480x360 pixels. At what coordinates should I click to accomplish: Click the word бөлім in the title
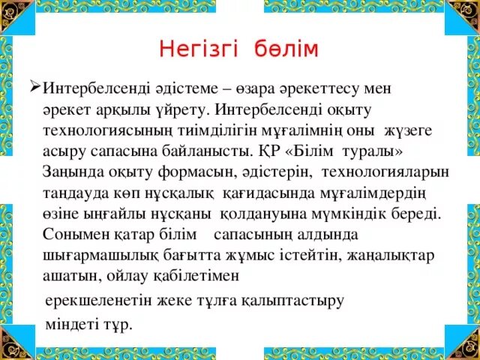tap(289, 49)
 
